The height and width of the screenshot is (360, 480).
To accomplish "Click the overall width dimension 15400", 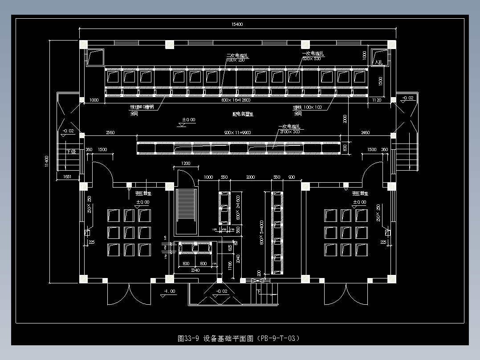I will pos(237,25).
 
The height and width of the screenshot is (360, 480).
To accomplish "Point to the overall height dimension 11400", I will pos(46,161).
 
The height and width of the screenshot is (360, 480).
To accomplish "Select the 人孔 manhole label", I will pos(378,62).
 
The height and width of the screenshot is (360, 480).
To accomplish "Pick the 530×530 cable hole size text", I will pos(312,58).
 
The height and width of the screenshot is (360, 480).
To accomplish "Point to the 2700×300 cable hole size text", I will pos(289,131).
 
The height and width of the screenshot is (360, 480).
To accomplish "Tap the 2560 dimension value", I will pos(110,133).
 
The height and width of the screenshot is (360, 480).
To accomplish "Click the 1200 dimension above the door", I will pos(186,164).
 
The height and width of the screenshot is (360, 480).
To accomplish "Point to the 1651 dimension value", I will pos(67,177).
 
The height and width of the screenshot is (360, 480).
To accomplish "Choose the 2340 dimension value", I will pos(195,270).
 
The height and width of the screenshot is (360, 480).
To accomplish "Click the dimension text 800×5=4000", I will pos(262,232).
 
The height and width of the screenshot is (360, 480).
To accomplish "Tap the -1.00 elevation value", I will pos(170,291).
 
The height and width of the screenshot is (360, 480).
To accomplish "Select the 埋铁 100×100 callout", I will pos(307,107).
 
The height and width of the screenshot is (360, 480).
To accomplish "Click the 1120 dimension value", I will pos(376,100).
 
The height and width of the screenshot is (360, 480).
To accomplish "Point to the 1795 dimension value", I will pos(230,266).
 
